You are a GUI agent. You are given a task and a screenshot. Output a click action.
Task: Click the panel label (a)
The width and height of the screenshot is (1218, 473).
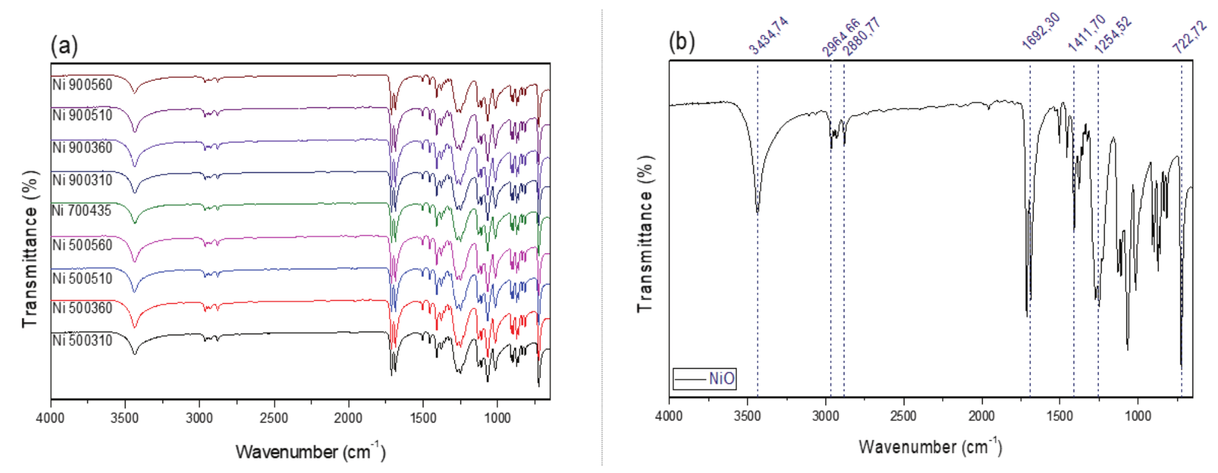click(64, 45)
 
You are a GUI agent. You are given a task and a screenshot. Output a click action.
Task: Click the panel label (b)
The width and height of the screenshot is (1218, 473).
click(682, 42)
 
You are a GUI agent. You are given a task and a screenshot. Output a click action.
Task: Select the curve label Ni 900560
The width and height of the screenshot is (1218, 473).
click(82, 85)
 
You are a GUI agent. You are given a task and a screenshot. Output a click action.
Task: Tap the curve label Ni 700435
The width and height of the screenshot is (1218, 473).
click(81, 211)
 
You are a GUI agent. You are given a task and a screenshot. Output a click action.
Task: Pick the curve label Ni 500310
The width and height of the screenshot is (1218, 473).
click(82, 340)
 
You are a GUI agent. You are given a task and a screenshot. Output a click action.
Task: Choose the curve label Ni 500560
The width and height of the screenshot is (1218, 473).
click(82, 245)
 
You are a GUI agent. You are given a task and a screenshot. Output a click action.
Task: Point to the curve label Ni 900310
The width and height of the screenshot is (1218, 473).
click(82, 180)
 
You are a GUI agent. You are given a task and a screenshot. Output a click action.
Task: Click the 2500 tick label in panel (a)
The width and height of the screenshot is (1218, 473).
click(274, 418)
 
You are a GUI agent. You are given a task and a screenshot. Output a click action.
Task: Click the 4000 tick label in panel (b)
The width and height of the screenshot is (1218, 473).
click(669, 416)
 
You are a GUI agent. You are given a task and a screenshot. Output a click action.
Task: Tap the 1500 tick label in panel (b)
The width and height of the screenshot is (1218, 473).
click(1060, 416)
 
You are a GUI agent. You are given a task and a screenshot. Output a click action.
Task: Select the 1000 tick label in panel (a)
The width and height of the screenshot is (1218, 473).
click(497, 418)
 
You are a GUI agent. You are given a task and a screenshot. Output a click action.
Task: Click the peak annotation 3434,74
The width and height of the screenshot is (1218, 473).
click(769, 36)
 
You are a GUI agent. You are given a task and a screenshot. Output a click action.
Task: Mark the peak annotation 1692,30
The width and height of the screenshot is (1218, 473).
click(1040, 30)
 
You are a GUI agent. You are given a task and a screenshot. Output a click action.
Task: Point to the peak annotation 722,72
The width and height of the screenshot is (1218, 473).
click(1189, 37)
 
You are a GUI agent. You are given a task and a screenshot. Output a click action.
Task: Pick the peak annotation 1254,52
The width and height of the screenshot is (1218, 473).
click(1113, 35)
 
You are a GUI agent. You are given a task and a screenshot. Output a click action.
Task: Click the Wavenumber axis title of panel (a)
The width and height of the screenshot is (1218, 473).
click(310, 452)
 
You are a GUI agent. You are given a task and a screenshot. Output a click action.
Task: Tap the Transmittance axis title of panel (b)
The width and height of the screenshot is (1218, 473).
click(645, 233)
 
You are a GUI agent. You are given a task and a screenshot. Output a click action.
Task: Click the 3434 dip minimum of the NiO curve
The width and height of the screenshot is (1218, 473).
click(758, 212)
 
